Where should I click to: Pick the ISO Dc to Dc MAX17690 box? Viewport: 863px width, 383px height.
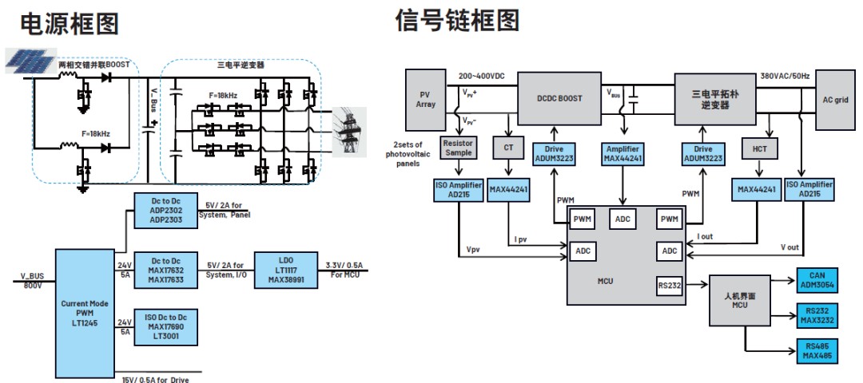(x=166, y=327)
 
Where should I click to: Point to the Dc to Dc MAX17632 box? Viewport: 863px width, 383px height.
(x=166, y=269)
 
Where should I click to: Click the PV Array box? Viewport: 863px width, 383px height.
(x=426, y=99)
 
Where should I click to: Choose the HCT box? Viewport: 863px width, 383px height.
(x=760, y=148)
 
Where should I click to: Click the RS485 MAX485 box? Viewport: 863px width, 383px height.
(x=817, y=351)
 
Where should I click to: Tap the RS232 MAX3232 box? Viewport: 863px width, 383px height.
(x=817, y=316)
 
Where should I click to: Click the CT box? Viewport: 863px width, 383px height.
(x=508, y=148)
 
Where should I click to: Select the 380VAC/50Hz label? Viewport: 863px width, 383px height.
(x=785, y=75)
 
